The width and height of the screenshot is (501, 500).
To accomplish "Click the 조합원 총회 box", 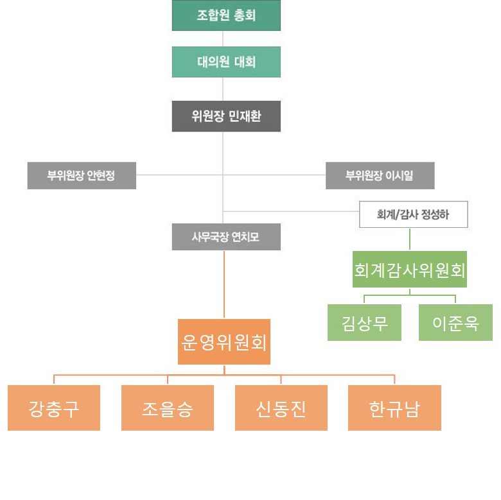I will tap(226, 15).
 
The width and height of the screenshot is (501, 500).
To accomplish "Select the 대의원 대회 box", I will tap(226, 62).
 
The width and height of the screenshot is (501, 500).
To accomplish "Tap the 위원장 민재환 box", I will tap(226, 116).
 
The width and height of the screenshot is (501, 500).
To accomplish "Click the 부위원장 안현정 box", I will tap(82, 175).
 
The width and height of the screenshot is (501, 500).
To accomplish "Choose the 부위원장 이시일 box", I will tap(380, 175).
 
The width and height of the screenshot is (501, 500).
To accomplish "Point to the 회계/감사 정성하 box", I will tap(413, 214).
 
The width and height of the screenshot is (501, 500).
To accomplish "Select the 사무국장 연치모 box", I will tap(225, 237).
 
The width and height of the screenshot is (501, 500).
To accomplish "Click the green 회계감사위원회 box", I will tap(410, 270).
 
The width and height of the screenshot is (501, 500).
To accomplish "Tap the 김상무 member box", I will tap(364, 322).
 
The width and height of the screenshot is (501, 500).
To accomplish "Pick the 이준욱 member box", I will tap(455, 322).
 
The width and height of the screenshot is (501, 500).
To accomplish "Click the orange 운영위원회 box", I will tap(224, 341).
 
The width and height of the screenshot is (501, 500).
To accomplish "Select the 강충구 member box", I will tap(54, 408).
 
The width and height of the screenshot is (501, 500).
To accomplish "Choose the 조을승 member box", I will tap(168, 408).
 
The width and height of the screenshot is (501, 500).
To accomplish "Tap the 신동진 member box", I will tap(281, 408).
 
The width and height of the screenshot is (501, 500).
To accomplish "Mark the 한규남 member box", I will tap(394, 408).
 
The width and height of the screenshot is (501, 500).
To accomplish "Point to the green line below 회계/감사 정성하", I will tap(410, 239).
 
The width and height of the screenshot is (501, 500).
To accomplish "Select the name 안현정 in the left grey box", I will tap(101, 175).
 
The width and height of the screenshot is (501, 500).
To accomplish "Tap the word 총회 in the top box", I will tap(245, 15).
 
